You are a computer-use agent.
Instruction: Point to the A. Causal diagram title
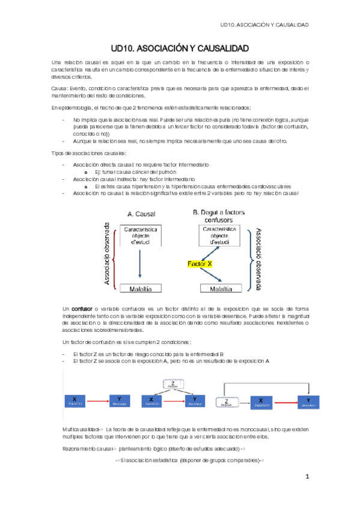[x=139, y=213]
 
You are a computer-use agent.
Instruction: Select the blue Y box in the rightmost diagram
[x=308, y=400]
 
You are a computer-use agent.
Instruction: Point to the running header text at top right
[x=264, y=25]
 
